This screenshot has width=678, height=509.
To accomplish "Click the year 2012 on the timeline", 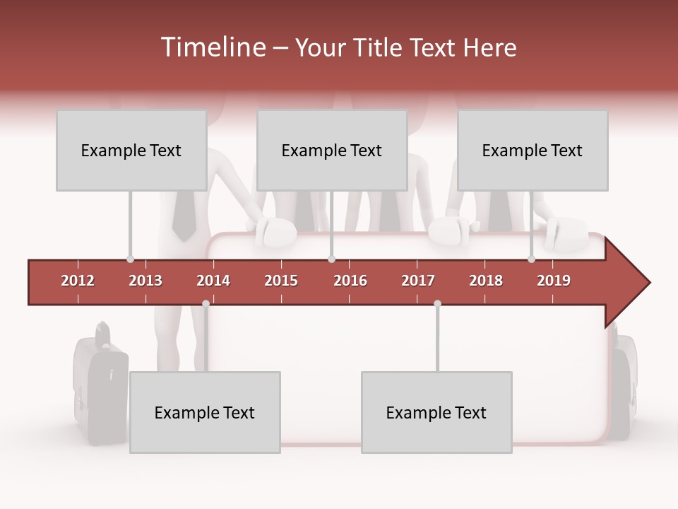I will coord(78,281).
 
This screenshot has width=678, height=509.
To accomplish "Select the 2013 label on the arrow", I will coord(145,281).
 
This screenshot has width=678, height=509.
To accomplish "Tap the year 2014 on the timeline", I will coord(213,281).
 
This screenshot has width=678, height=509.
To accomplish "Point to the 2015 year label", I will coord(281,281).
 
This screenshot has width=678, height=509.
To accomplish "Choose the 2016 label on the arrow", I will coord(350,281).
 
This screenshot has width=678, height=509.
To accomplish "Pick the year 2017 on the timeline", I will coord(418,281).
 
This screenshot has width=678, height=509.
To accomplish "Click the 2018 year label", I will coord(486,281).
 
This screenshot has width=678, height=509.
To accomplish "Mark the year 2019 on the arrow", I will coord(554,281).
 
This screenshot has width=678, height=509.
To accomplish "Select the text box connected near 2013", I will coord(131,150).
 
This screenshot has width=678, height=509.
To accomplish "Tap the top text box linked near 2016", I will coord(332,150).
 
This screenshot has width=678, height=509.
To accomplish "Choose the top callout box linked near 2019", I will coord(533,150).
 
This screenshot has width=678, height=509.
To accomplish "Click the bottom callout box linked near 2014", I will coord(205,412).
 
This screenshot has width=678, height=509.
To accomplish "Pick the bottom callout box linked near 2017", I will coord(436,412).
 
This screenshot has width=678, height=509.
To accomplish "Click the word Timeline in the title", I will coord(212,47).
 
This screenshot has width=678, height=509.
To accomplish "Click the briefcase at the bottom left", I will coord(100,385).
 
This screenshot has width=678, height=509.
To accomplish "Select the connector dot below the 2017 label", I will coord(437,303).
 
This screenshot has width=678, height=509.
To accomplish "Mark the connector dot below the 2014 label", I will coord(206,303).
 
